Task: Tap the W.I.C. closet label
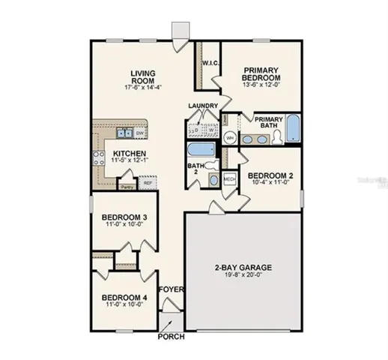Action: click(x=210, y=64)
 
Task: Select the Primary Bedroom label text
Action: click(x=261, y=73)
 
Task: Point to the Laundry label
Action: click(x=203, y=105)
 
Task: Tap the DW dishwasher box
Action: click(x=140, y=133)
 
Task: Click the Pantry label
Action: click(x=127, y=185)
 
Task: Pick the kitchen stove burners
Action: click(x=97, y=157)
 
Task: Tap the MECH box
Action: click(x=230, y=180)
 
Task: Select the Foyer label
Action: click(x=169, y=288)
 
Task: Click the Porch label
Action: click(x=171, y=336)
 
